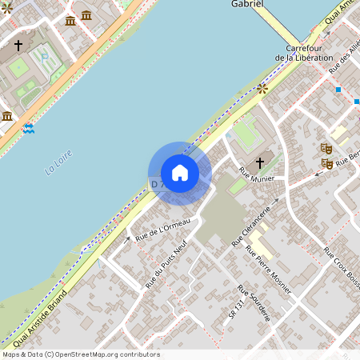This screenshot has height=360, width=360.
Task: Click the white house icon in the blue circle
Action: (179, 173)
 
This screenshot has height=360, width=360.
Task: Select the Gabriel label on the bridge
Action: (248, 4)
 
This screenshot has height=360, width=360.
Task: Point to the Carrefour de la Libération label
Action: (303, 53)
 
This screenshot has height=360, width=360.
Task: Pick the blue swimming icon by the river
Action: (30, 128)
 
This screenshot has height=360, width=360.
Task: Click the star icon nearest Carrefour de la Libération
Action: (262, 89)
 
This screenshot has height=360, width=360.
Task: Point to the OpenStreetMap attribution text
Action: (80, 354)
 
